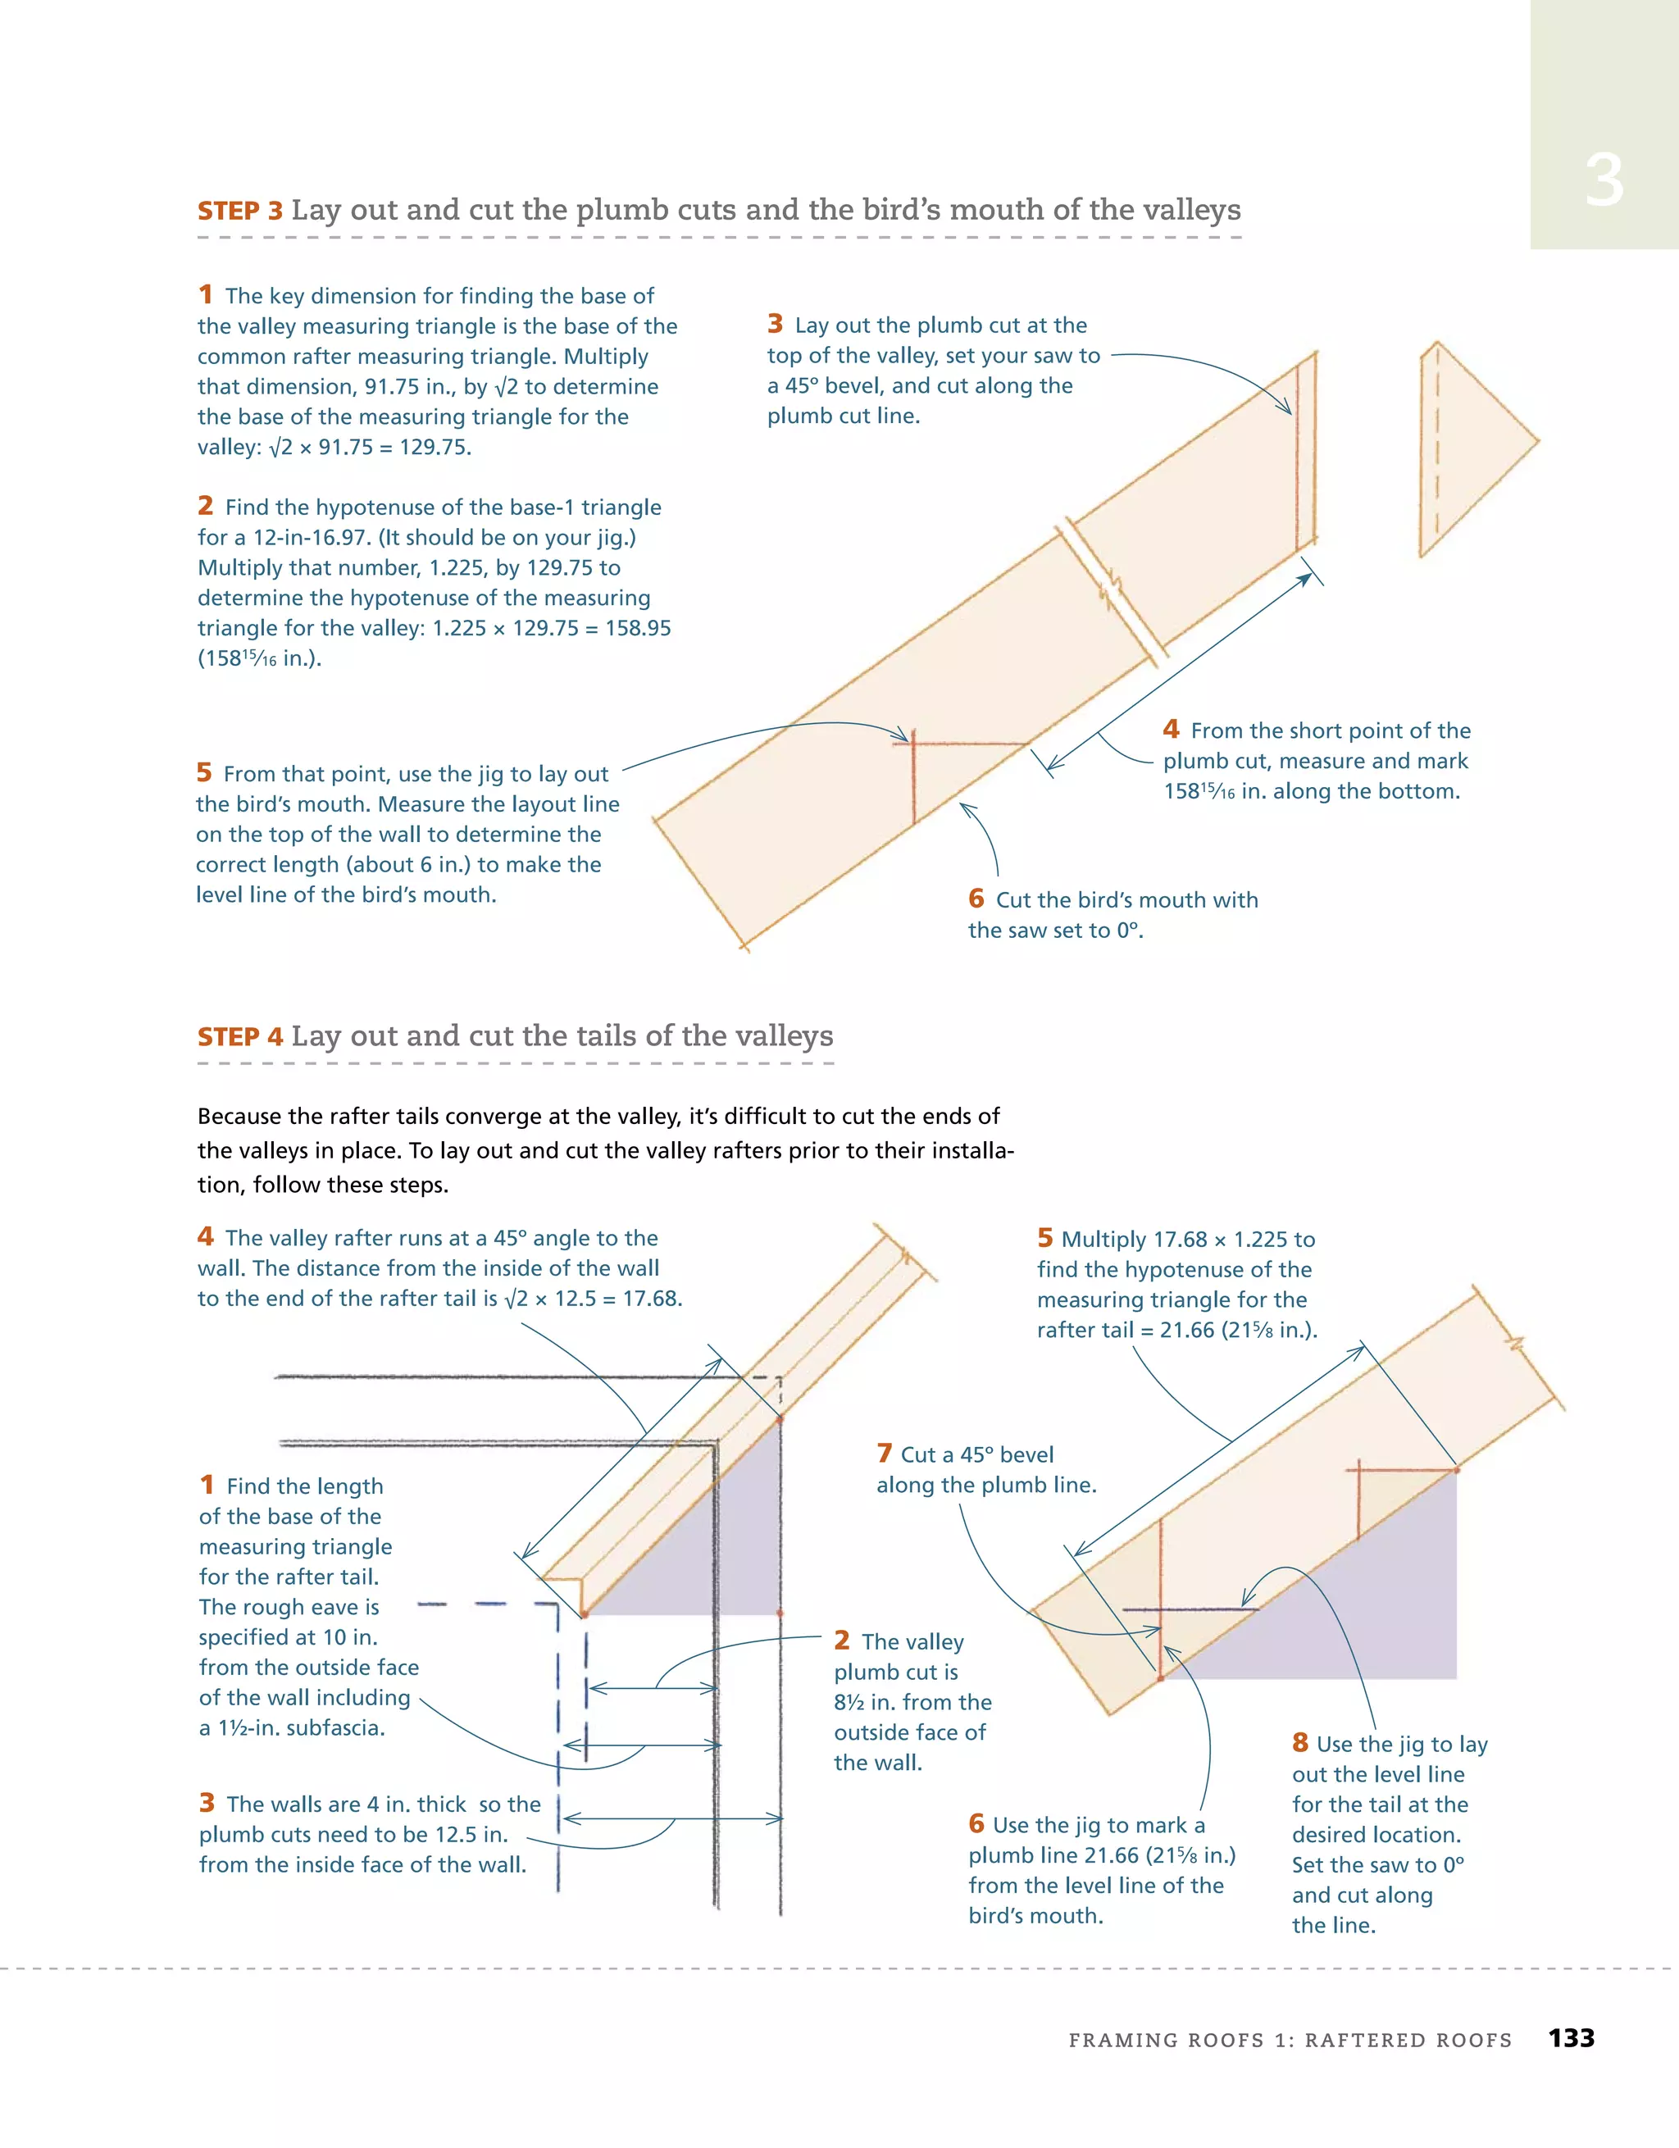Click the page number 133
point(1571,2038)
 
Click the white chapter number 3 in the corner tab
point(1604,182)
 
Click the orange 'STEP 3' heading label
point(240,212)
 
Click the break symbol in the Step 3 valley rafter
point(1113,590)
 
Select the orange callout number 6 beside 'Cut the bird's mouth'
point(976,898)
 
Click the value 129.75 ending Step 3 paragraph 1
point(435,448)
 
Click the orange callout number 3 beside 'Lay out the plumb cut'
point(775,324)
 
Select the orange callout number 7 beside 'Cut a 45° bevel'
point(885,1453)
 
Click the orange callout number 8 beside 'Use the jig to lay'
point(1299,1743)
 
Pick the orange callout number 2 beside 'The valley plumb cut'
point(842,1640)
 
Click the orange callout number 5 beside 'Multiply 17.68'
point(1044,1238)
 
